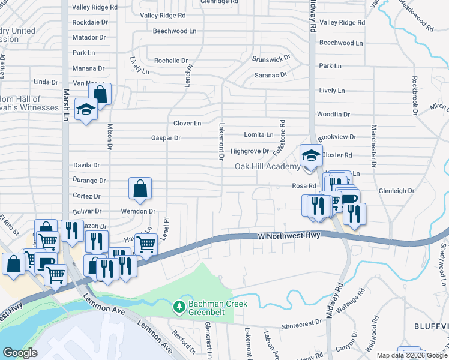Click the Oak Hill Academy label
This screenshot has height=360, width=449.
click(x=267, y=166)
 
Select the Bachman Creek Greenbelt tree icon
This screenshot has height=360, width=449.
click(x=179, y=307)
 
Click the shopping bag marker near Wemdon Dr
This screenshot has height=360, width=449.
click(x=140, y=188)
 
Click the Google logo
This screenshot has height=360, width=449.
click(x=20, y=352)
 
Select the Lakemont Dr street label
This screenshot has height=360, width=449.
click(x=221, y=142)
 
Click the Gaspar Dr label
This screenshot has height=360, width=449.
click(x=166, y=138)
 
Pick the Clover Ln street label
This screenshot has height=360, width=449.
click(x=187, y=124)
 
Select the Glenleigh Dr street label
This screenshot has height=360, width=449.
click(x=397, y=191)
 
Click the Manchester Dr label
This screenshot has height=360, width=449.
click(x=373, y=145)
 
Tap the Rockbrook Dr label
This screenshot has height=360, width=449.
click(x=414, y=95)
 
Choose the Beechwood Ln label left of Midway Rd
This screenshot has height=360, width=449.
click(x=175, y=31)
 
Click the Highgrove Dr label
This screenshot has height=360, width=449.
click(x=249, y=151)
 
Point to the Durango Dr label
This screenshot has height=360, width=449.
click(x=89, y=180)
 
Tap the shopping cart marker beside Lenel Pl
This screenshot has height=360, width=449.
click(x=146, y=244)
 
